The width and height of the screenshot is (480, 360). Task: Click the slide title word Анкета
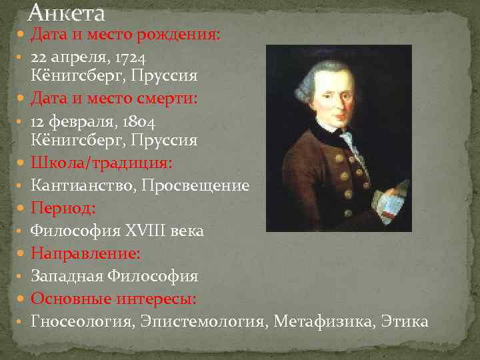click(67, 13)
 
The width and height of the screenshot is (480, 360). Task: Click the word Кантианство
click(83, 186)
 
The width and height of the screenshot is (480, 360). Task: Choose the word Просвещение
click(195, 186)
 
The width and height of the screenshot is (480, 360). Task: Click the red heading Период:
click(64, 209)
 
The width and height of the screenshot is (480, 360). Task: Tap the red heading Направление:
click(85, 253)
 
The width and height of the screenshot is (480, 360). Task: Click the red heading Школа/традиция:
click(101, 163)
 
